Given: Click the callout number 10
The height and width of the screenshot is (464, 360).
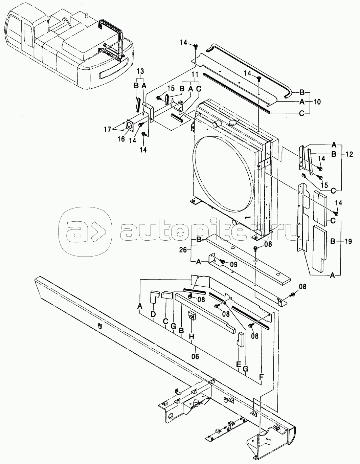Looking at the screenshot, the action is (317, 102).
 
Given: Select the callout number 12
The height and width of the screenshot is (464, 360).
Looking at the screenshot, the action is (349, 154).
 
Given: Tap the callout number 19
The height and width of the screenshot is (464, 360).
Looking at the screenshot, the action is (348, 242).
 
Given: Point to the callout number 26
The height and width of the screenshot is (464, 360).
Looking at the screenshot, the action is (183, 250).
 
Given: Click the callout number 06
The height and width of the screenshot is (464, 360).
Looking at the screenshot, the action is (196, 357).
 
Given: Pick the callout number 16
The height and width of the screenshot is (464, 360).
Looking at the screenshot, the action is (121, 139).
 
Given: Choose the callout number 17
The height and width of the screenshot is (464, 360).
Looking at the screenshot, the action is (108, 129).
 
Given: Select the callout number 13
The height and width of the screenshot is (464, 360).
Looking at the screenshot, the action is (140, 71).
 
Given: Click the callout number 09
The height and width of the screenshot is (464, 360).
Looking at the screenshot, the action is (234, 265).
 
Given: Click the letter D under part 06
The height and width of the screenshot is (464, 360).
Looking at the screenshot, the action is (153, 314).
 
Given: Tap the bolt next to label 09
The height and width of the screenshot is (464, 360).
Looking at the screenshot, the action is (223, 261).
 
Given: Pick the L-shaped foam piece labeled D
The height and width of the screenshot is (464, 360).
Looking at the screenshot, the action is (154, 297).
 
